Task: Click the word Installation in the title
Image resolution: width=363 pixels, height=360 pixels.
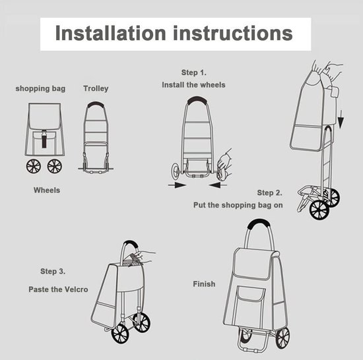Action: (x=110, y=33)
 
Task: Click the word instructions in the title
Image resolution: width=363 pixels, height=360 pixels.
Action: (x=233, y=33)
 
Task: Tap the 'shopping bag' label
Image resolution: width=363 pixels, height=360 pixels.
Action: (x=40, y=89)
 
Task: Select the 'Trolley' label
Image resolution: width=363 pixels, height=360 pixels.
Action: (x=96, y=88)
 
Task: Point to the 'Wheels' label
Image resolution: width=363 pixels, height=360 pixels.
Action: (x=47, y=190)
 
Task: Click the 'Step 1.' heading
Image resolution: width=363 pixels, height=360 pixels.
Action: (x=193, y=73)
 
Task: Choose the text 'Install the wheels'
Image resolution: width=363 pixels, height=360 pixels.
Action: (x=193, y=84)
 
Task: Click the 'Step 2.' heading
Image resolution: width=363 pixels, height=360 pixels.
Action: (x=270, y=193)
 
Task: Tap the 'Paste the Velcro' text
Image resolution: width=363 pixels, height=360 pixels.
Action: (x=58, y=289)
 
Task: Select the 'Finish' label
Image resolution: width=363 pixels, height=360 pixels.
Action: (x=204, y=284)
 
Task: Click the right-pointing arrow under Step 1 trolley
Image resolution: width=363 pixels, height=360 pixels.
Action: (x=177, y=185)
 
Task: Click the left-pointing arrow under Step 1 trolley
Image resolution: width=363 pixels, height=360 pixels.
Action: (x=218, y=185)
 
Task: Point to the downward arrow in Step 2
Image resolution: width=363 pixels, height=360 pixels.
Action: (x=341, y=119)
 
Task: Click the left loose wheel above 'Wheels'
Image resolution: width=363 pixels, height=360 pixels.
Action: (x=34, y=166)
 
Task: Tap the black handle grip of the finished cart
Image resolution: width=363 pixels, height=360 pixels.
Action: (x=259, y=223)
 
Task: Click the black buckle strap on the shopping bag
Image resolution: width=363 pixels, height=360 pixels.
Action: (x=44, y=138)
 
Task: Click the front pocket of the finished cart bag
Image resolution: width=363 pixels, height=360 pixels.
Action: (x=251, y=305)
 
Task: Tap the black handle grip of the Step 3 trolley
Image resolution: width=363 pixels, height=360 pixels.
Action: (x=131, y=244)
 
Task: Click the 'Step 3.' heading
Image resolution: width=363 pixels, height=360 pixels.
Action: (x=53, y=271)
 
